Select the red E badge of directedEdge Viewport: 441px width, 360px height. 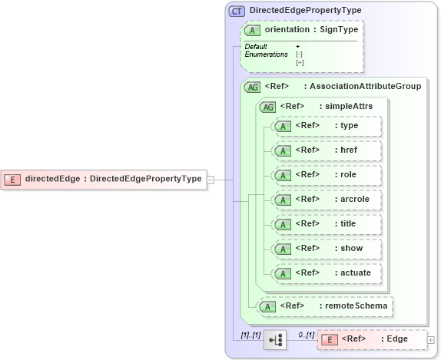click(x=13, y=180)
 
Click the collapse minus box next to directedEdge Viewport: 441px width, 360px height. click(x=211, y=180)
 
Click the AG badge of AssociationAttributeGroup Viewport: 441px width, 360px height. click(x=252, y=87)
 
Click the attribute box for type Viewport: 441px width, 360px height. click(x=327, y=126)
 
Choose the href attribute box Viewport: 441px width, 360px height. click(x=327, y=150)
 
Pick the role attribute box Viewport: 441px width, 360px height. click(x=327, y=175)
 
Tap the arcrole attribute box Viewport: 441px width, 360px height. click(x=327, y=200)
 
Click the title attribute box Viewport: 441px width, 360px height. click(x=327, y=224)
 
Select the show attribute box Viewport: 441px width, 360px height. click(x=327, y=249)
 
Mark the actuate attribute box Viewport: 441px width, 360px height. click(x=327, y=273)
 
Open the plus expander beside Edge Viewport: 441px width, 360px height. click(x=431, y=340)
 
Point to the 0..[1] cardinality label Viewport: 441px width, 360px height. click(x=306, y=334)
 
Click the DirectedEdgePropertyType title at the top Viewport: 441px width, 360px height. click(x=305, y=11)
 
